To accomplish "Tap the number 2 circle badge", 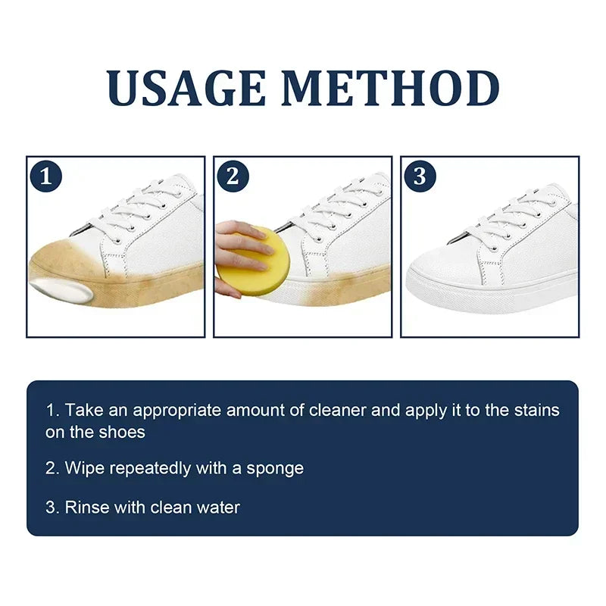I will coord(233,176).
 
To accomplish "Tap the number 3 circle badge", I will coord(420,176).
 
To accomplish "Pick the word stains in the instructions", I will coord(534,411).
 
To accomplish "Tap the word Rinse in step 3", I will coord(86,507).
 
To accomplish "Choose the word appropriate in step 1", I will coord(181,411).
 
